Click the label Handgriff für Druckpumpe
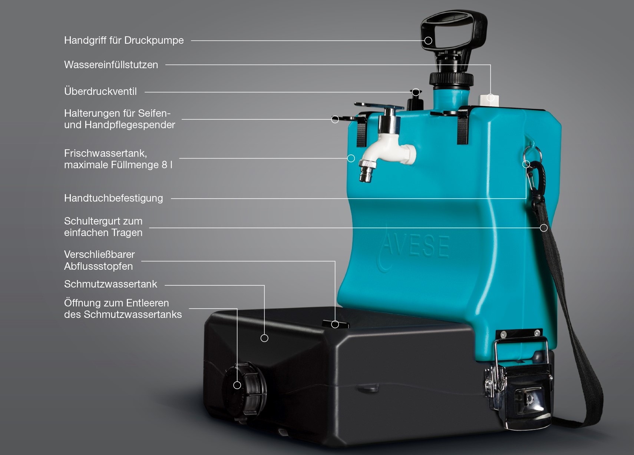click(124, 40)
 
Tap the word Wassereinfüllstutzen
click(111, 65)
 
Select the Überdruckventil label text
click(100, 92)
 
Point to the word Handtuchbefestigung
click(113, 198)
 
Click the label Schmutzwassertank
click(110, 284)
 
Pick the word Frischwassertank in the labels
click(105, 153)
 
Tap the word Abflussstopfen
click(99, 266)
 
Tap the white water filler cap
click(489, 100)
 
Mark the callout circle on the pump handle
click(428, 41)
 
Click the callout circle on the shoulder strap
click(544, 228)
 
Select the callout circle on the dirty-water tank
click(264, 338)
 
